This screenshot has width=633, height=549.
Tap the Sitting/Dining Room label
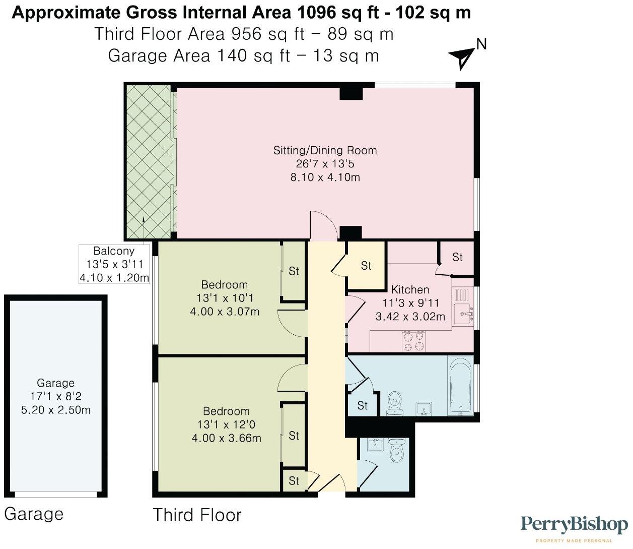pos(325,150)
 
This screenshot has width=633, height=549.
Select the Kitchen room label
pos(410,289)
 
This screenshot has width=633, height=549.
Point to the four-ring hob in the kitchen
pos(413,341)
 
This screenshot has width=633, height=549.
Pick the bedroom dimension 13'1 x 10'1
pos(225,298)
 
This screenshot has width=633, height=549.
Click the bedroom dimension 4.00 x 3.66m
pos(226,438)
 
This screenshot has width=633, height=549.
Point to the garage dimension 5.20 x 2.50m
pos(56,410)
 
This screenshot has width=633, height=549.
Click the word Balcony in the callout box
pos(114,251)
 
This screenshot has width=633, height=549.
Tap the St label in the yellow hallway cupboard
pos(366,266)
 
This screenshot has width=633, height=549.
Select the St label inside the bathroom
pos(362,405)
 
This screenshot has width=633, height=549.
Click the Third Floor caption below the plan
pos(197,515)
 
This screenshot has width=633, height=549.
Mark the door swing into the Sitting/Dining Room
pos(322,225)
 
